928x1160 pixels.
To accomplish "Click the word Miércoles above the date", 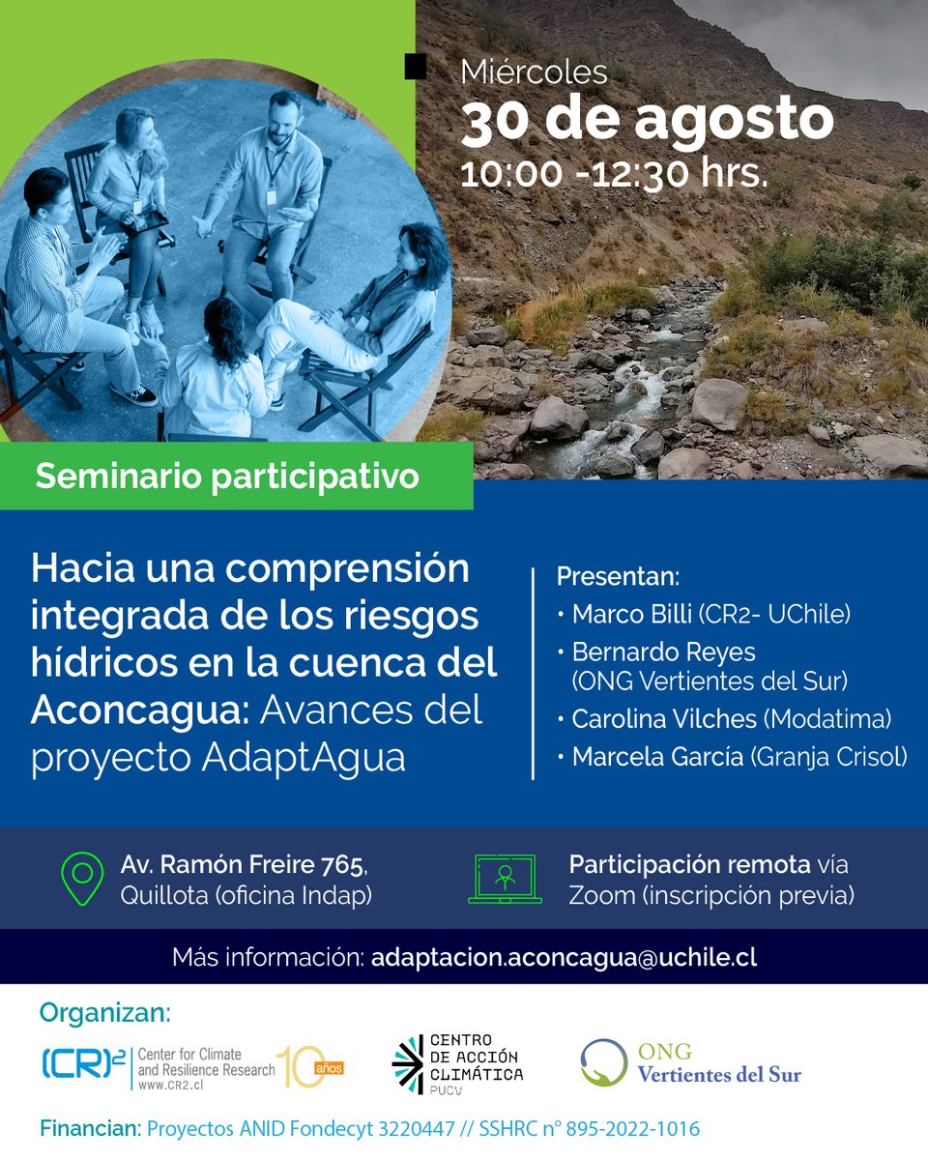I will tap(534, 72).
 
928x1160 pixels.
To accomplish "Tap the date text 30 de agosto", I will tap(646, 120).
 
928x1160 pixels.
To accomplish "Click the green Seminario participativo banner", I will tap(228, 476).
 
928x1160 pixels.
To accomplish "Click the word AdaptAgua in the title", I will tap(304, 756).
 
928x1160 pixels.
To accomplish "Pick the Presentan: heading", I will tap(618, 578).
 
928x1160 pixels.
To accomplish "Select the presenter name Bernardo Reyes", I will tap(664, 652).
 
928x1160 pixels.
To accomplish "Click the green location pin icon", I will tap(82, 877).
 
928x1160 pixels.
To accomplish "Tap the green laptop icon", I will tap(504, 878).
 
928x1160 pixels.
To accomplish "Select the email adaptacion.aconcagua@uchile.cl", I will tap(564, 958).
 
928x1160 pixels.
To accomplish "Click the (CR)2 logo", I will tap(84, 1064).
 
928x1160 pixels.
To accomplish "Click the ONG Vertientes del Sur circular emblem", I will tap(604, 1062).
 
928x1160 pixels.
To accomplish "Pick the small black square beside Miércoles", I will tap(416, 67).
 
